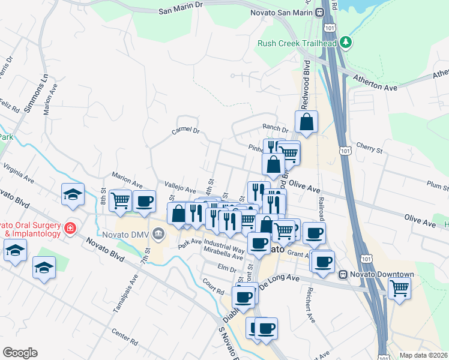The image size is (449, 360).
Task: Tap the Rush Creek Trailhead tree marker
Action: click(345, 43)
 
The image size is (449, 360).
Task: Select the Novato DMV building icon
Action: click(158, 233)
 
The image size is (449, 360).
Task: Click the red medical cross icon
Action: click(71, 228)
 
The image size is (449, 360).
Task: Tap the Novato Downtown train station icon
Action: click(343, 275)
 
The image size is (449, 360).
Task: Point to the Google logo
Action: click(20, 353)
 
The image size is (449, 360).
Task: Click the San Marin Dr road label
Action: click(181, 11)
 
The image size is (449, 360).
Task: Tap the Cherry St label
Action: click(369, 148)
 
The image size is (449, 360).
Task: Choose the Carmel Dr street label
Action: click(185, 131)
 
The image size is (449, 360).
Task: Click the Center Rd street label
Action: click(125, 335)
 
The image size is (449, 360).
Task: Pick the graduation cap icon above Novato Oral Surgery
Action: click(73, 194)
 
